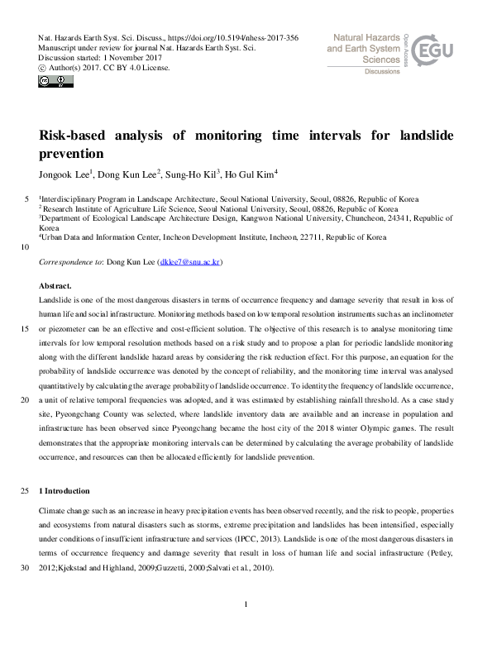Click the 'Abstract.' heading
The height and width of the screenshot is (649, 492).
[56, 286]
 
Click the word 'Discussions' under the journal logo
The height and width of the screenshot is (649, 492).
[381, 73]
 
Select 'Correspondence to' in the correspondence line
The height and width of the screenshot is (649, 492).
[75, 262]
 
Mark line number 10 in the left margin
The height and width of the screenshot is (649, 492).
[26, 247]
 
